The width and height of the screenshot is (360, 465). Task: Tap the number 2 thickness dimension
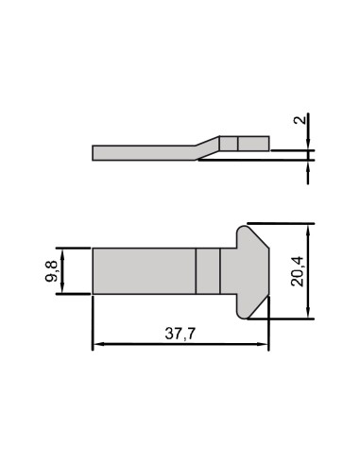point(299,121)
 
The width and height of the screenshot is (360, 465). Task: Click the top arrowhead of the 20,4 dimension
point(309,229)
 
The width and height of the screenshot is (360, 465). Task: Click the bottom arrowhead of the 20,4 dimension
point(309,316)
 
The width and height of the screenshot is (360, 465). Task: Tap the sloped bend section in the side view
point(208,146)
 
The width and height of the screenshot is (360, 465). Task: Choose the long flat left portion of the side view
point(142,152)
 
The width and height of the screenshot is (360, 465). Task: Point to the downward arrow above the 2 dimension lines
point(309,143)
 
